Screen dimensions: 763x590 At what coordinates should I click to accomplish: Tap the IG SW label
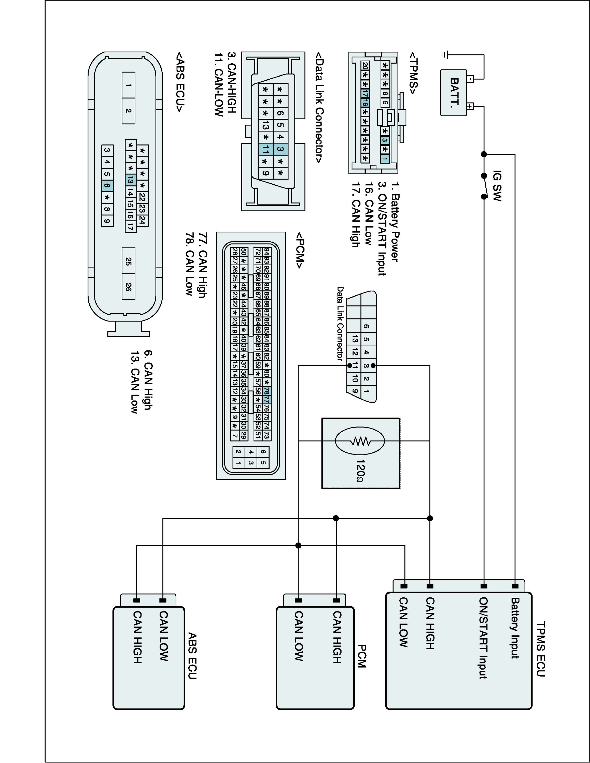[497, 186]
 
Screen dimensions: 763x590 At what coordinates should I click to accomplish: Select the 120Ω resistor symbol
[360, 441]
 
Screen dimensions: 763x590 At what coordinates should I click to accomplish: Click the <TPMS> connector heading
[414, 73]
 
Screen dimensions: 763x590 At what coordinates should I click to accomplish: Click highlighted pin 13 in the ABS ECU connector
[130, 180]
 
